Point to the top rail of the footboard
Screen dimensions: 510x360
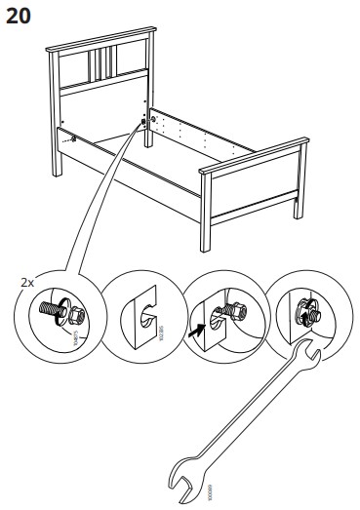(x=248, y=157)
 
